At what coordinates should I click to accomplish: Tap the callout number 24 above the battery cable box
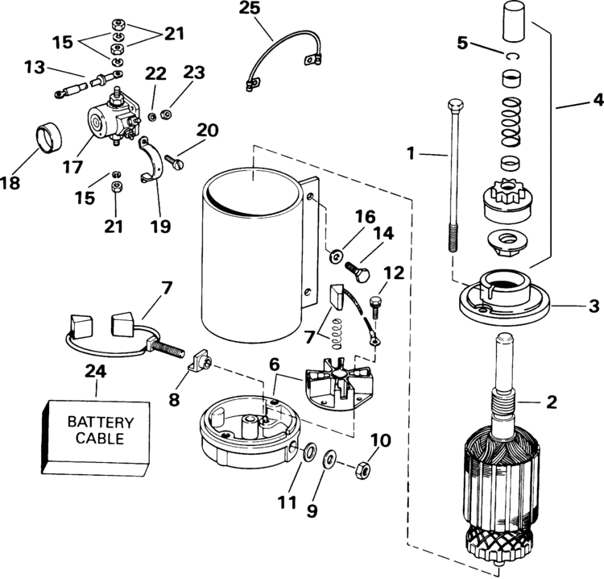click(x=96, y=373)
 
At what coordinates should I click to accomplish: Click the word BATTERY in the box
click(x=100, y=422)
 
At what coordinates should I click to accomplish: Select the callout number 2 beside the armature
click(x=552, y=401)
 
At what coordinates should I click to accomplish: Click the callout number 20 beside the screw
click(x=208, y=131)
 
